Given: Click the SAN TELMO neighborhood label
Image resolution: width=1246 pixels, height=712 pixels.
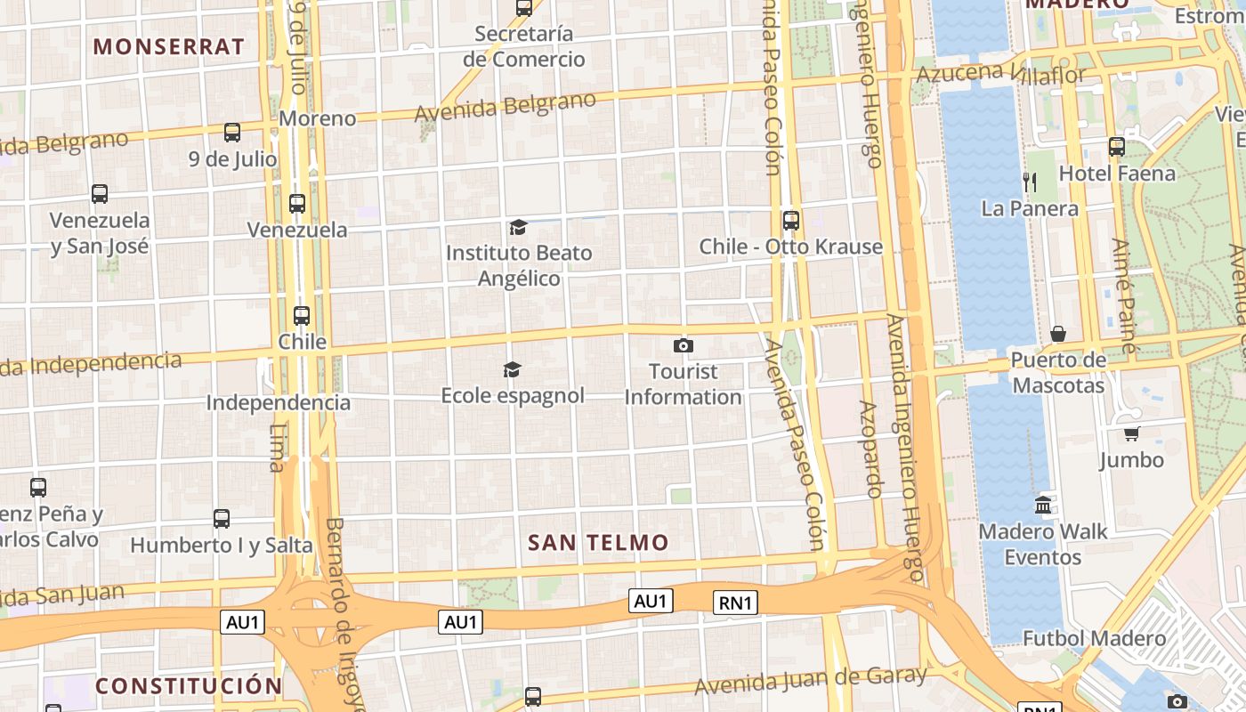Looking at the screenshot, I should [x=597, y=542].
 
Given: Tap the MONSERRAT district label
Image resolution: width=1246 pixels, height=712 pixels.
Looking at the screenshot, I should [x=168, y=46].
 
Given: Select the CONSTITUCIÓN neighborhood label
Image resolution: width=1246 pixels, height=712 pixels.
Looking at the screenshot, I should [x=189, y=685].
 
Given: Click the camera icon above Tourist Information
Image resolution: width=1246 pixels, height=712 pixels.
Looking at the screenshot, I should [x=684, y=345].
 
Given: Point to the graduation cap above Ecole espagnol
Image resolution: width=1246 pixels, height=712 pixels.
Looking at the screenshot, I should [x=512, y=369].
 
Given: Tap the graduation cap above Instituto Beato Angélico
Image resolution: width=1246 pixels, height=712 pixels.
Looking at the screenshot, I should [x=518, y=227].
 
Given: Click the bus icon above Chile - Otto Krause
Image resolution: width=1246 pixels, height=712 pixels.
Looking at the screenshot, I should [x=790, y=220].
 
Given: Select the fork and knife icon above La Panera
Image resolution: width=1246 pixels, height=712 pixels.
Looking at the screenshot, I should [x=1030, y=182].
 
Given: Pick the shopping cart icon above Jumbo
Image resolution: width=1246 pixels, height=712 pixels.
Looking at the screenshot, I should [x=1131, y=433].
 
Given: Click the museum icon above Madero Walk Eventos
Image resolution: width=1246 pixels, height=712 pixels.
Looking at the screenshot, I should [x=1043, y=506].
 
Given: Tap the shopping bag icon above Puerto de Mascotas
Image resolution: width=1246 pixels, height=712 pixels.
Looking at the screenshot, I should [x=1058, y=334].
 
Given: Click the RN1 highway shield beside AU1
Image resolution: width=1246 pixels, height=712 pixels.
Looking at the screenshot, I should [x=736, y=603].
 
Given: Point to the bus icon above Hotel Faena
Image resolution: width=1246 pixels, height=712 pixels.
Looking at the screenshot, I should [x=1116, y=147].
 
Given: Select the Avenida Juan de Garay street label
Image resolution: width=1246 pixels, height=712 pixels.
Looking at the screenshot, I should [x=811, y=681].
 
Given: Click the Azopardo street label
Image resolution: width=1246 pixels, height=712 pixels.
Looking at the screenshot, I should [x=870, y=449].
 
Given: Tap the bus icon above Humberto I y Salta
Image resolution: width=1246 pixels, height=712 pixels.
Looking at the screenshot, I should [x=222, y=518].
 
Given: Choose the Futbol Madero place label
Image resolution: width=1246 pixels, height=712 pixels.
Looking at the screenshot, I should [x=1094, y=638].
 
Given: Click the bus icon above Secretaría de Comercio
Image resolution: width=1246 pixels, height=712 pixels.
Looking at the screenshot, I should [x=524, y=8].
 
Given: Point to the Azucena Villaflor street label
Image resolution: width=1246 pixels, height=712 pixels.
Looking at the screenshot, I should [x=1001, y=75].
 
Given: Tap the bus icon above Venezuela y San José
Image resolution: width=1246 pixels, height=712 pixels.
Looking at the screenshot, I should [x=100, y=193].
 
